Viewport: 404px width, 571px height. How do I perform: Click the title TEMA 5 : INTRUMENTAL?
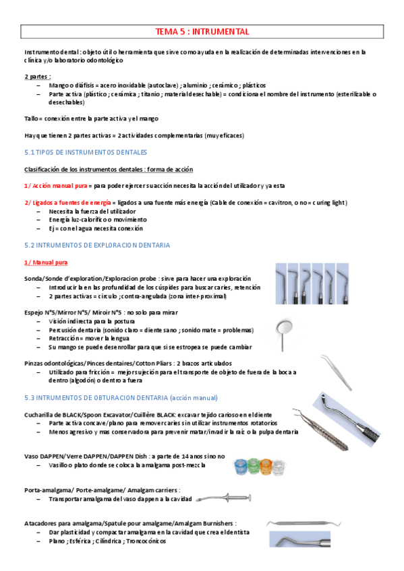202,32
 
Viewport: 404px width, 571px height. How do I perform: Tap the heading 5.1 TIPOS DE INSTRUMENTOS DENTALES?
86,152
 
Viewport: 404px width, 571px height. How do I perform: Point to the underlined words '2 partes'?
37,77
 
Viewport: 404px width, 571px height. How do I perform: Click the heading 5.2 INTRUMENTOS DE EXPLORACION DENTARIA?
97,245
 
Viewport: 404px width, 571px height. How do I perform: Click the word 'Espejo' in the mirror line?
34,312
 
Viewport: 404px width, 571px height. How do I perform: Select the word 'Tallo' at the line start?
31,119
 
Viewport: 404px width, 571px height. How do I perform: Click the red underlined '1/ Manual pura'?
45,261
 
